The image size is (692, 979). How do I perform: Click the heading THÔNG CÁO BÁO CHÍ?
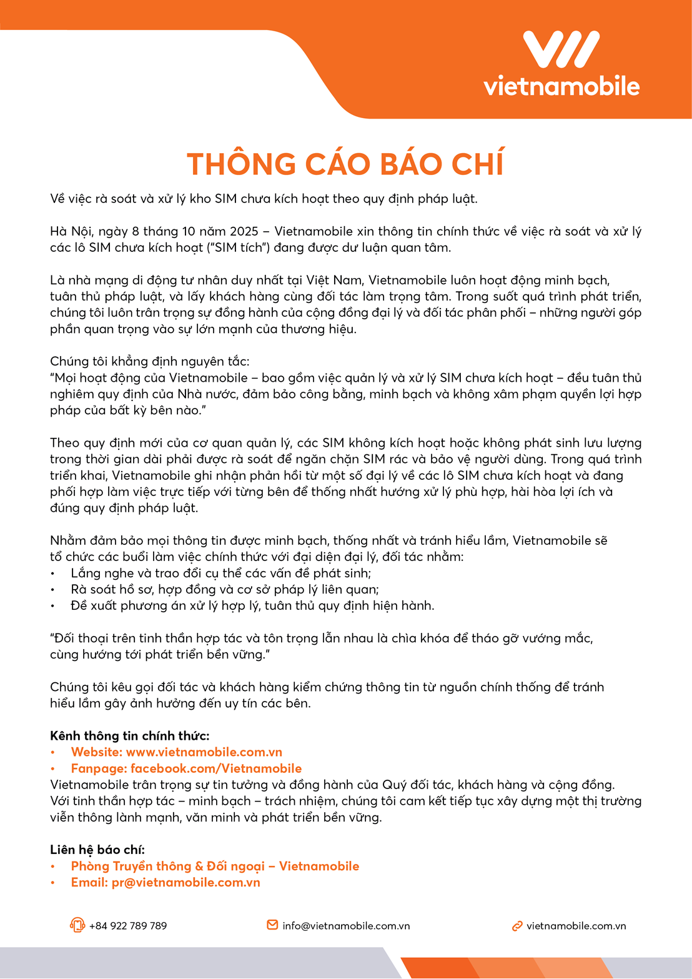[345, 164]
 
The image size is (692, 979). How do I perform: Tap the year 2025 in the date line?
[244, 232]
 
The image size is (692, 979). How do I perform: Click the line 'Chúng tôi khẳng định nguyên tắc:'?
[149, 362]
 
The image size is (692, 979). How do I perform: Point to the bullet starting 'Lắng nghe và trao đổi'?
[221, 574]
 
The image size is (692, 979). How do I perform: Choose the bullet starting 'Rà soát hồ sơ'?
[225, 590]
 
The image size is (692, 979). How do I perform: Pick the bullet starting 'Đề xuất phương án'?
[252, 606]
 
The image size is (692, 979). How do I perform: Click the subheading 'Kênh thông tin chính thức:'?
[129, 736]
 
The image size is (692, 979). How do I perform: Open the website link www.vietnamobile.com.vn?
[204, 752]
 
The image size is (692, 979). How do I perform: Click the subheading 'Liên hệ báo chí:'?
[97, 850]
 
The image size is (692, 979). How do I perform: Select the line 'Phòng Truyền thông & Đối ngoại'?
[215, 866]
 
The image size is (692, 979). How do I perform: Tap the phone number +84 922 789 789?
[128, 926]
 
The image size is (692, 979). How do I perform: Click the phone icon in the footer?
[77, 925]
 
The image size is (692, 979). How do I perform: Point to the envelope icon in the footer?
[272, 925]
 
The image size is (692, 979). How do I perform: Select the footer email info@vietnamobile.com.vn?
[346, 926]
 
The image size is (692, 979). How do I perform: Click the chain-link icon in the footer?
[517, 926]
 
